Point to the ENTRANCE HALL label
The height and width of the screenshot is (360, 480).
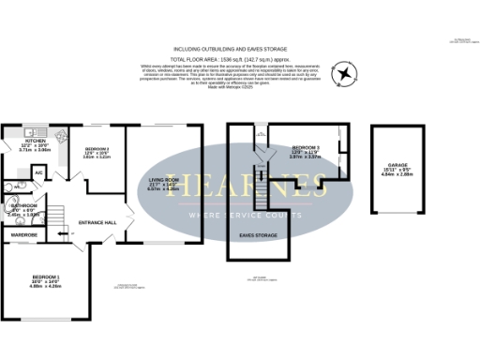click(x=97, y=222)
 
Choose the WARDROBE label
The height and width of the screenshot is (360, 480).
click(x=24, y=235)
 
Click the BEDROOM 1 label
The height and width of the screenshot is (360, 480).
click(x=46, y=277)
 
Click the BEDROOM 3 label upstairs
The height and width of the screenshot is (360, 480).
click(x=306, y=148)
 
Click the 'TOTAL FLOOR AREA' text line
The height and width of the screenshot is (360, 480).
click(x=239, y=56)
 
